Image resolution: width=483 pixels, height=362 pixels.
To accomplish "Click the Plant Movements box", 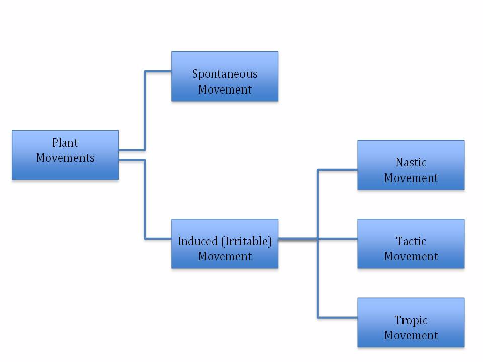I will click(65, 155).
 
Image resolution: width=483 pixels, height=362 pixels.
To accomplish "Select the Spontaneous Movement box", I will click(224, 76).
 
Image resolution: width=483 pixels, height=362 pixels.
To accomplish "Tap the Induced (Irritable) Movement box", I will click(224, 244).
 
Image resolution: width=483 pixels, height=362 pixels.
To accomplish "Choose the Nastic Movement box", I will click(411, 165).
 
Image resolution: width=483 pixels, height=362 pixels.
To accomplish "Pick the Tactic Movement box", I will click(411, 244).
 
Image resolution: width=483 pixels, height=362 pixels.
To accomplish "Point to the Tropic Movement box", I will click(411, 322).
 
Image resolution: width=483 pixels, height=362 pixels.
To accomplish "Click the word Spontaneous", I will click(224, 74).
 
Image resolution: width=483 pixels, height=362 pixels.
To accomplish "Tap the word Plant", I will click(65, 143).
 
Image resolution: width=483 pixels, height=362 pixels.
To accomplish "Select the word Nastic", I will click(411, 162).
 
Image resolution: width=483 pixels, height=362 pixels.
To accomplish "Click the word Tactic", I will click(411, 241).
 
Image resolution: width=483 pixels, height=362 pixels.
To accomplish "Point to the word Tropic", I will click(411, 320).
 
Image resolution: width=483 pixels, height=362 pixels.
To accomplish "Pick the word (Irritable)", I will click(246, 241).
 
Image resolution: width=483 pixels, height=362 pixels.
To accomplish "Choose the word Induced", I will click(198, 241).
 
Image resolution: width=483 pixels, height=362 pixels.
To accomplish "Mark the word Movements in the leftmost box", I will click(65, 158).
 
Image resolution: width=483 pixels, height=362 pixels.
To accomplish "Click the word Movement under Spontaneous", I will click(224, 89).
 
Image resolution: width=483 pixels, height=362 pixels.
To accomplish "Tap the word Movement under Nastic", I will click(411, 178).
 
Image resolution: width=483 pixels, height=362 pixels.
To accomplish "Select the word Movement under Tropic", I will click(411, 335).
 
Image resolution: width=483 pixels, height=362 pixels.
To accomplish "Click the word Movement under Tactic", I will click(411, 256).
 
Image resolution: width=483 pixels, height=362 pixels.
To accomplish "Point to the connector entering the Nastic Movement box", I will click(338, 170).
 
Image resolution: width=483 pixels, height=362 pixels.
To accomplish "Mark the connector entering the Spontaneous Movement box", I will click(158, 71).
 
